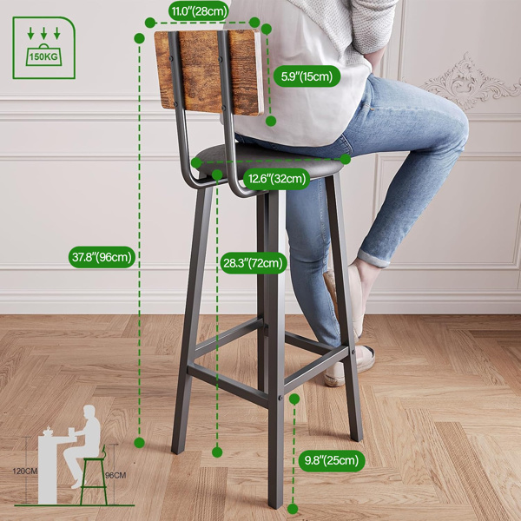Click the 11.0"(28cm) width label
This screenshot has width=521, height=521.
pyautogui.click(x=199, y=11)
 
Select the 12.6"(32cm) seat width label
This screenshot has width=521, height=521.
pyautogui.click(x=277, y=179)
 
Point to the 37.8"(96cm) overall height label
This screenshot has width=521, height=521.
pyautogui.click(x=102, y=256)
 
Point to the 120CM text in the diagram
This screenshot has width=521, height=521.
pyautogui.click(x=25, y=472)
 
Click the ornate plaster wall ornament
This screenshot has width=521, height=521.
pyautogui.click(x=469, y=82)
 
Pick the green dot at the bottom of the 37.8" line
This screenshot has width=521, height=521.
pyautogui.click(x=139, y=443)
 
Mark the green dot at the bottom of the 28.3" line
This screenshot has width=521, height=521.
pyautogui.click(x=217, y=452)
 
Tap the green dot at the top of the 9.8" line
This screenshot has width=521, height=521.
pyautogui.click(x=295, y=399)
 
